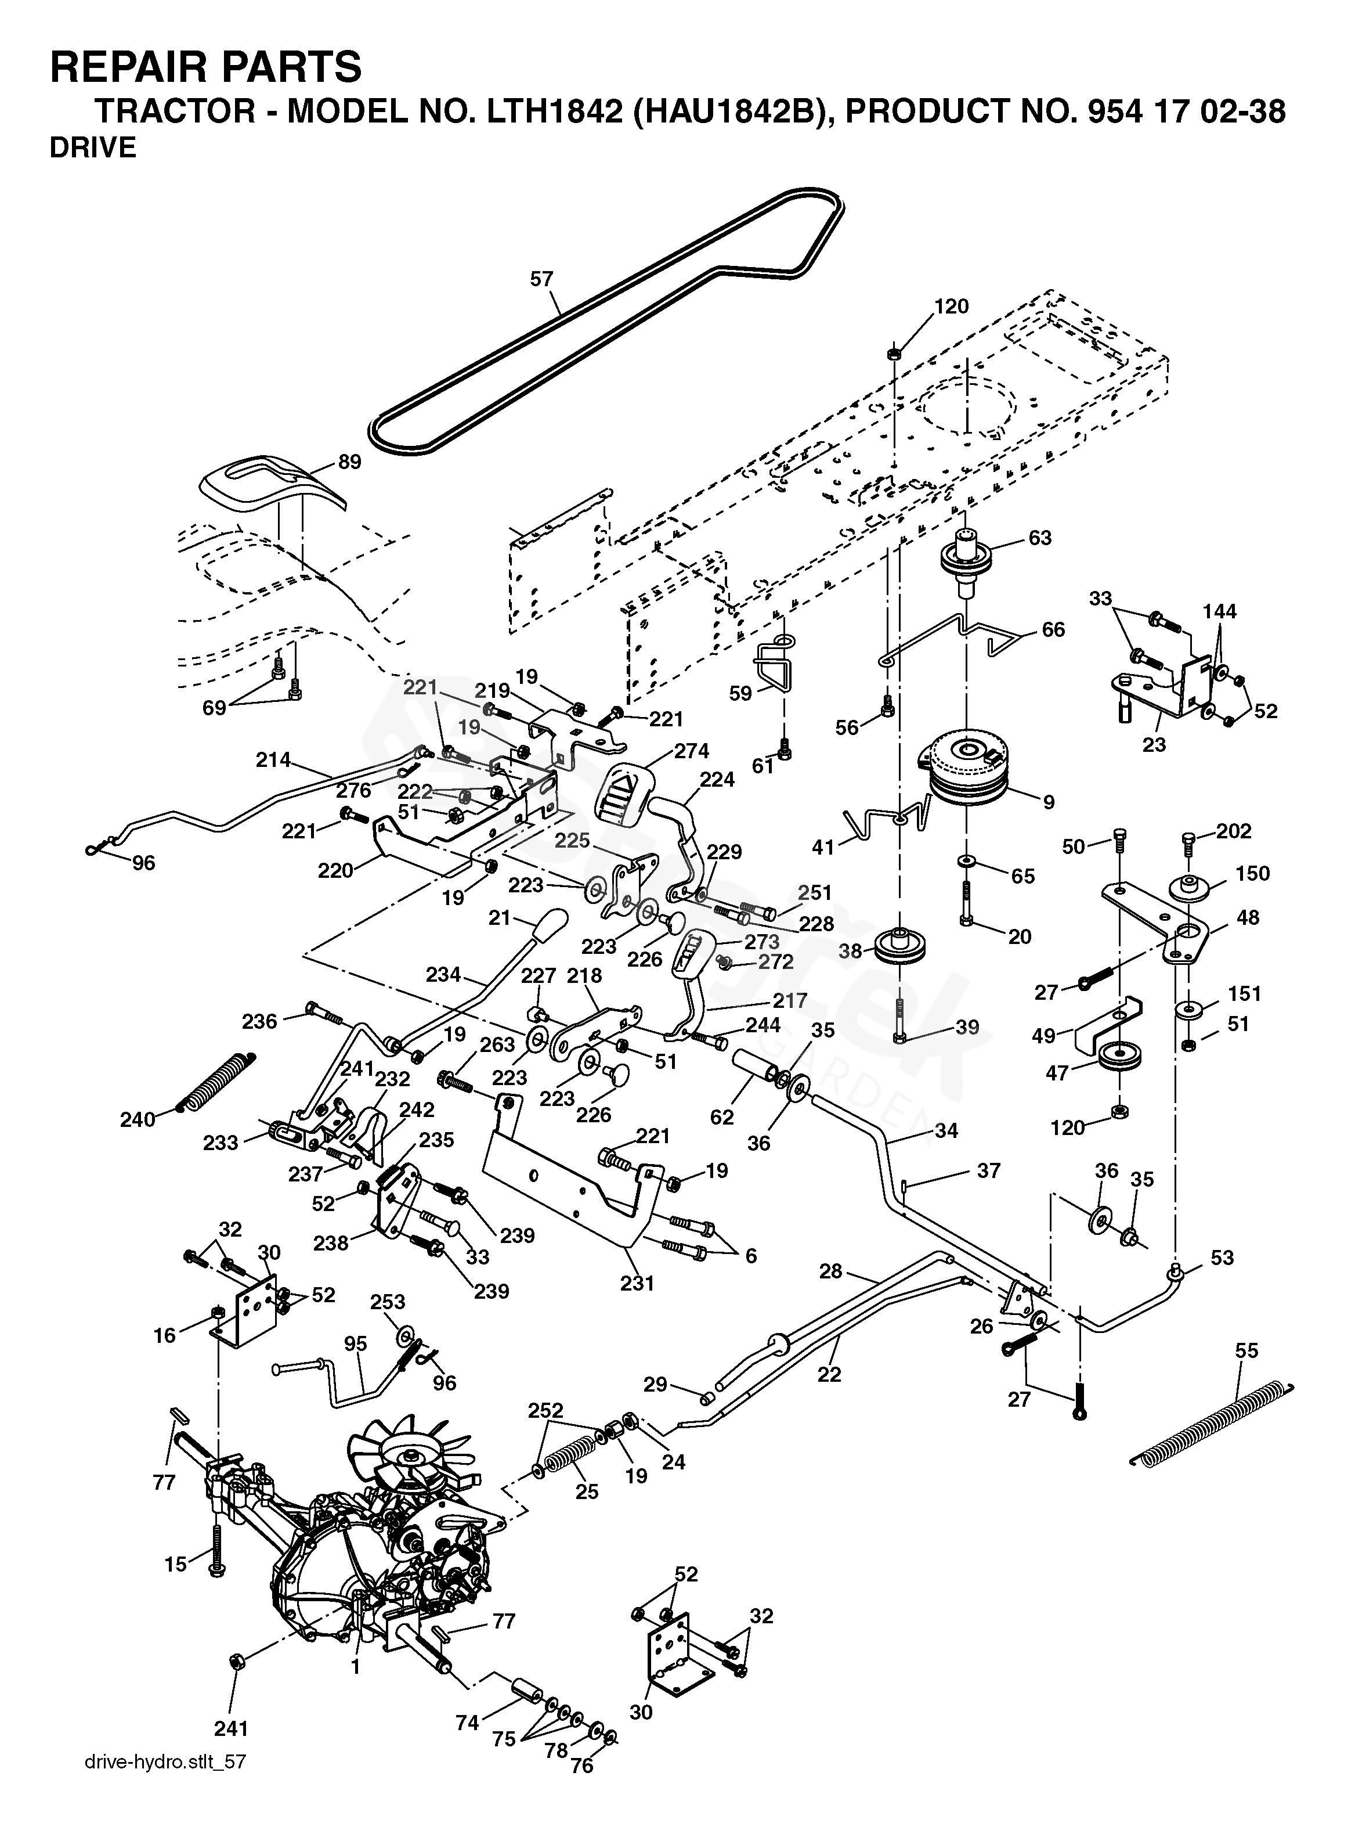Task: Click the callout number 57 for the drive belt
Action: [541, 279]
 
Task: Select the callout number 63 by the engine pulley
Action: [1039, 538]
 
